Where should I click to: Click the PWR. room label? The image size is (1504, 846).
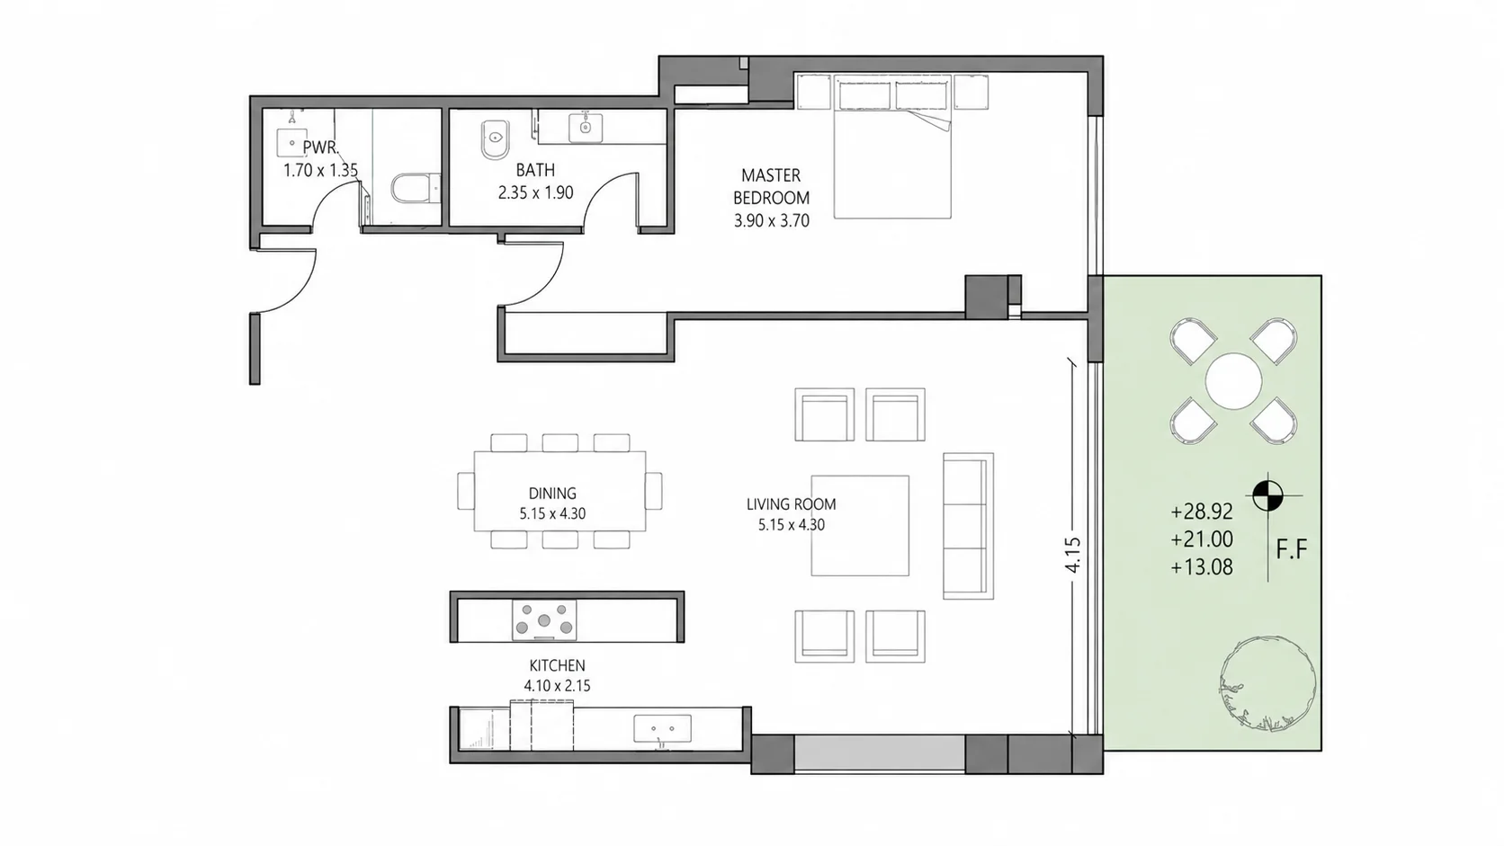tap(321, 147)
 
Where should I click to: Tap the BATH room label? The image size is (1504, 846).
tap(535, 170)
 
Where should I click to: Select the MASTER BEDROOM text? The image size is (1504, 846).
tap(771, 186)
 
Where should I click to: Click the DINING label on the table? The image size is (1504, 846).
tap(552, 493)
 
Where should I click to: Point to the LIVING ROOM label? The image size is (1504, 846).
tap(791, 503)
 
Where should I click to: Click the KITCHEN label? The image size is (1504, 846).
tap(557, 665)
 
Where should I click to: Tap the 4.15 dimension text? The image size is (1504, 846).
tap(1073, 555)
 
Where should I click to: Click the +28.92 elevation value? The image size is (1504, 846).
tap(1202, 512)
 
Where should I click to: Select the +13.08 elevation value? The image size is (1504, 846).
tap(1202, 567)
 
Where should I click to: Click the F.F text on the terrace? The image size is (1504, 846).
tap(1292, 550)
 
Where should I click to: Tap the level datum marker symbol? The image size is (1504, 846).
tap(1267, 496)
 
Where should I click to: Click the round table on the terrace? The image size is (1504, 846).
tap(1233, 381)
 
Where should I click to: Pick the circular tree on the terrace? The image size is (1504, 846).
tap(1267, 683)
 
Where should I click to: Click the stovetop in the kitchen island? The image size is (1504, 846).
tap(544, 619)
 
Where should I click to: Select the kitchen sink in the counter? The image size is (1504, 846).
tap(662, 728)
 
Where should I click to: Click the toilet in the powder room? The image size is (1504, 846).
tap(415, 189)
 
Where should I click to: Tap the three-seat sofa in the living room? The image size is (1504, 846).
tap(968, 526)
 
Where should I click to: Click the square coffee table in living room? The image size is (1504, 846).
tap(860, 525)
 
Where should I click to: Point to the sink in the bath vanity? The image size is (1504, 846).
tap(586, 128)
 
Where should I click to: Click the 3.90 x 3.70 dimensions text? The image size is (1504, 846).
tap(772, 221)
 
